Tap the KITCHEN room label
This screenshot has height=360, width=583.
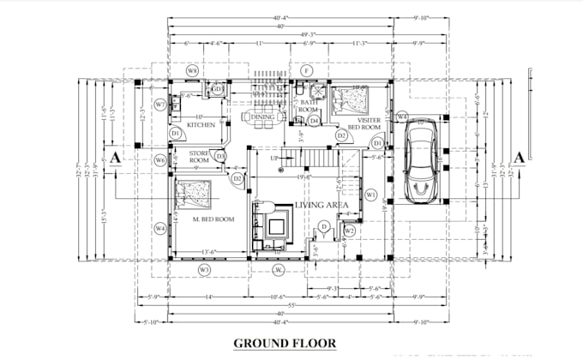point(201,125)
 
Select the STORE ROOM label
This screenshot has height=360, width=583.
point(199,156)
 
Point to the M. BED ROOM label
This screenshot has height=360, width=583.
point(213,219)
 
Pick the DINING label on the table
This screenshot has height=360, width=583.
point(262,117)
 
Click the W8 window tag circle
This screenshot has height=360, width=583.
point(193,69)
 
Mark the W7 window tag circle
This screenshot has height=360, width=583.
point(159,105)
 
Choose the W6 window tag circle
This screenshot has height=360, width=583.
point(159,160)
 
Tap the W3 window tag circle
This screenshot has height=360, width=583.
point(204,270)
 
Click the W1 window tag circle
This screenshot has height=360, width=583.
point(370,195)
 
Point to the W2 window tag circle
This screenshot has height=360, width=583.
point(350,231)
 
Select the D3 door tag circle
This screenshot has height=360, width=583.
point(221,156)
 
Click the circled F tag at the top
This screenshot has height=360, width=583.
point(307,69)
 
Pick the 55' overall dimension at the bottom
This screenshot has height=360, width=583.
point(290,305)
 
